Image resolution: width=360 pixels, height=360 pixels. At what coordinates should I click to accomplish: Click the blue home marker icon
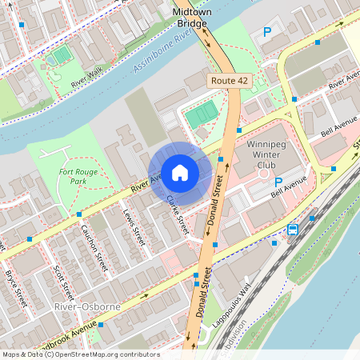coord(180,173)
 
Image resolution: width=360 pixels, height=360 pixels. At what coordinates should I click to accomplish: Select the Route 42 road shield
coord(229,81)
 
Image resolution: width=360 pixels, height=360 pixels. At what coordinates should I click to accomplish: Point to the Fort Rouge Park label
coord(73,176)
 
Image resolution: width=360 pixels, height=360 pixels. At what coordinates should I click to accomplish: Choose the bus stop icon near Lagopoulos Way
coord(292,230)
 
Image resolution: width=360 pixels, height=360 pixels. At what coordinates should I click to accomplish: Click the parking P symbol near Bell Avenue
coord(278,182)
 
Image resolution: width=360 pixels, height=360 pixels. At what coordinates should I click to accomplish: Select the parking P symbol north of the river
coord(267,33)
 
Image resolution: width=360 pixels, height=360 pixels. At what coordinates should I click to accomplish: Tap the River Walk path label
coord(87,78)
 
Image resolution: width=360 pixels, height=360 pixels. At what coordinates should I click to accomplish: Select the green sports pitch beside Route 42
coord(201,115)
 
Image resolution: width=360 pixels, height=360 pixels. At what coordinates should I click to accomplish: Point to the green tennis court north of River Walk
coord(62,56)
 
